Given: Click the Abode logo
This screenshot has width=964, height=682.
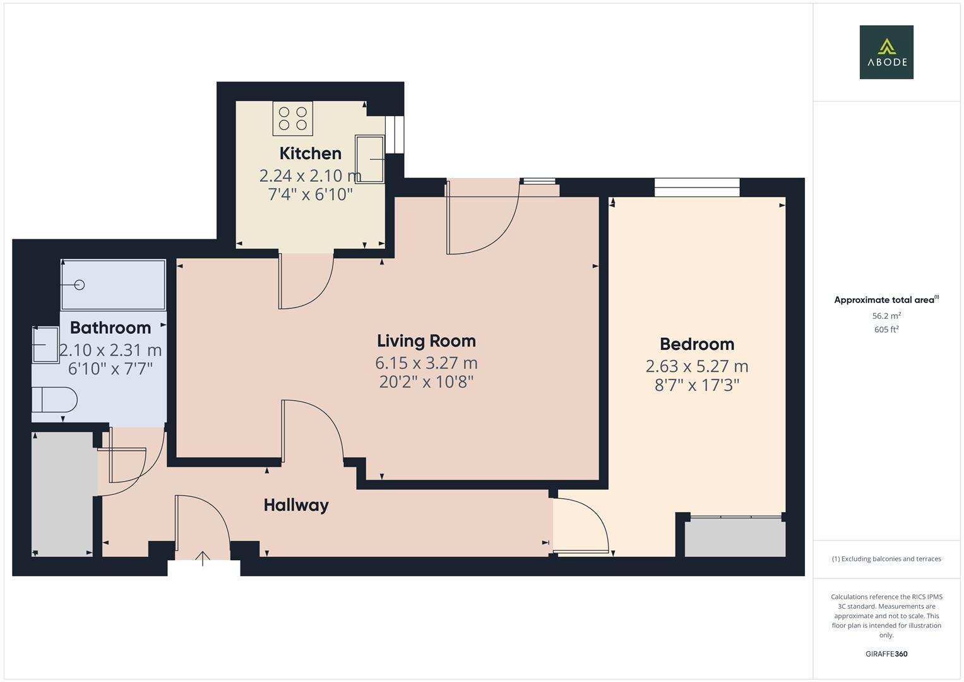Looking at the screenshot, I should coord(886,52).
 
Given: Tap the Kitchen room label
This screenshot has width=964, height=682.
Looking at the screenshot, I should coord(310,153).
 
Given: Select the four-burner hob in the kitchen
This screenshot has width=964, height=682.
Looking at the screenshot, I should coord(292,118).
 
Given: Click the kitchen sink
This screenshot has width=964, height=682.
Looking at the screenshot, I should coord(370,159).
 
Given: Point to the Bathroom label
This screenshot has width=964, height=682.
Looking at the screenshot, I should coord(110,328).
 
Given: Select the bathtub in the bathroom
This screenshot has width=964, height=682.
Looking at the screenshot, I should coord(113,285).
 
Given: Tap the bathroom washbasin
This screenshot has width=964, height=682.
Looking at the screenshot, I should coord(45,344).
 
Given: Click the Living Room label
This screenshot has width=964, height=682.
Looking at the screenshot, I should coord(426,341).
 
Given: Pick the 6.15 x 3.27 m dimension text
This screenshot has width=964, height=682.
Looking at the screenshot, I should coord(426,363).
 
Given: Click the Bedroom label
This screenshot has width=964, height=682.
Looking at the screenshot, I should coord(697,344).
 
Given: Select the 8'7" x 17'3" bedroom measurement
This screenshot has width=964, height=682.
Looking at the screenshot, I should coord(697,385).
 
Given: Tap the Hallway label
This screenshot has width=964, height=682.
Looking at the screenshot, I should coord(296,505).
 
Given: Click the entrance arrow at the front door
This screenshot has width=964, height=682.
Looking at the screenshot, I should coord(203,558).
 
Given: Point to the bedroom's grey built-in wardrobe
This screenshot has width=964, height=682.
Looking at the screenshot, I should coord(735,538).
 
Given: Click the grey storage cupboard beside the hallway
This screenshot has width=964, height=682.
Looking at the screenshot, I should coord(63,494).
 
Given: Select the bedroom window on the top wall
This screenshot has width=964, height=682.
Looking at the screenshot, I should coord(696,187).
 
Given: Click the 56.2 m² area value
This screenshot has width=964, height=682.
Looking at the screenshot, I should coord(886,316).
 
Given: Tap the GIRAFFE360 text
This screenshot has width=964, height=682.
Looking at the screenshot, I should coord(886,654).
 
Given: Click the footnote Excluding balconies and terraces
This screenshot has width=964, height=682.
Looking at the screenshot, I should coord(886,559).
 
